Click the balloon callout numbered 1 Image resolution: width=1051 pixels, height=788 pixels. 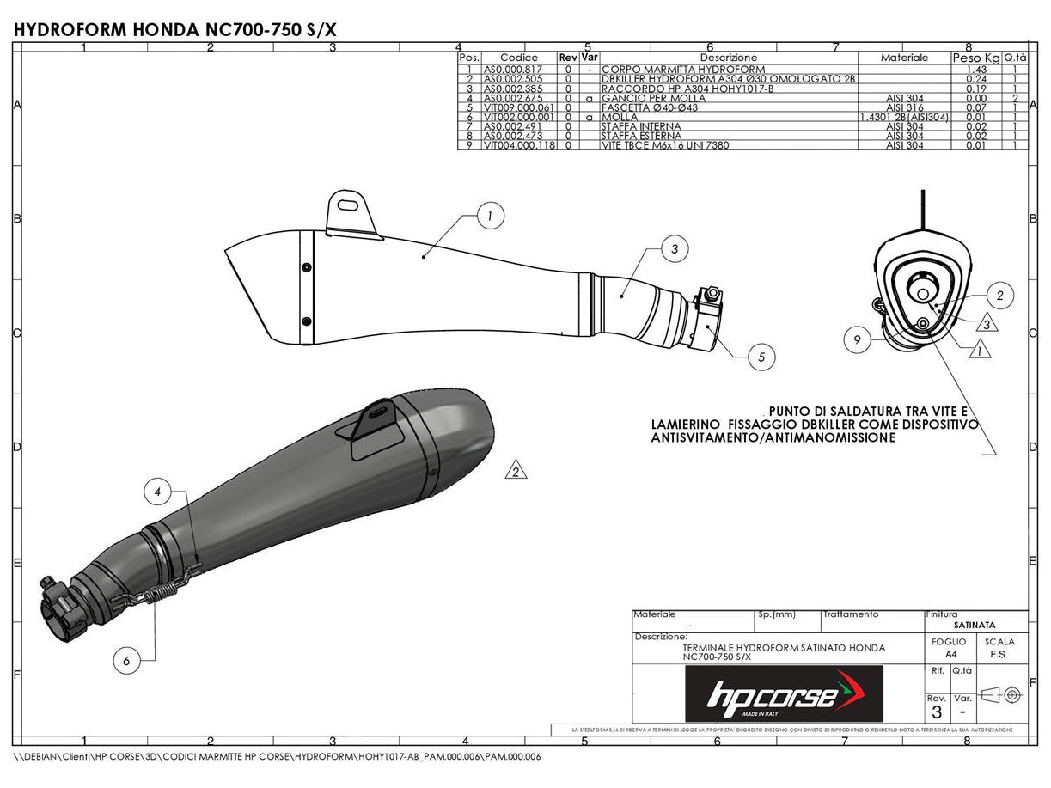489,217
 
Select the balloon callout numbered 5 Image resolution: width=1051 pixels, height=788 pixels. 761,356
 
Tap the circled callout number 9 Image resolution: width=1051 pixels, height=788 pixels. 857,339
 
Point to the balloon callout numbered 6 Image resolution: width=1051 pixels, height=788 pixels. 126,660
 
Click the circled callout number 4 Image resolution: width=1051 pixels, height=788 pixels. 158,492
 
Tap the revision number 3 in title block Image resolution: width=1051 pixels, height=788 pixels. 937,712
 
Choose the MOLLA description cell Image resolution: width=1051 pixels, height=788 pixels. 620,117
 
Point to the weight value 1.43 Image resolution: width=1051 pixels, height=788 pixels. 975,69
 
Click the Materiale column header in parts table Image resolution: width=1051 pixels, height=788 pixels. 904,58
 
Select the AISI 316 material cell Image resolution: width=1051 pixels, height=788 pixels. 904,107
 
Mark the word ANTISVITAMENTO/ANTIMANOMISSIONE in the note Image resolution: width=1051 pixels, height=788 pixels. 773,437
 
